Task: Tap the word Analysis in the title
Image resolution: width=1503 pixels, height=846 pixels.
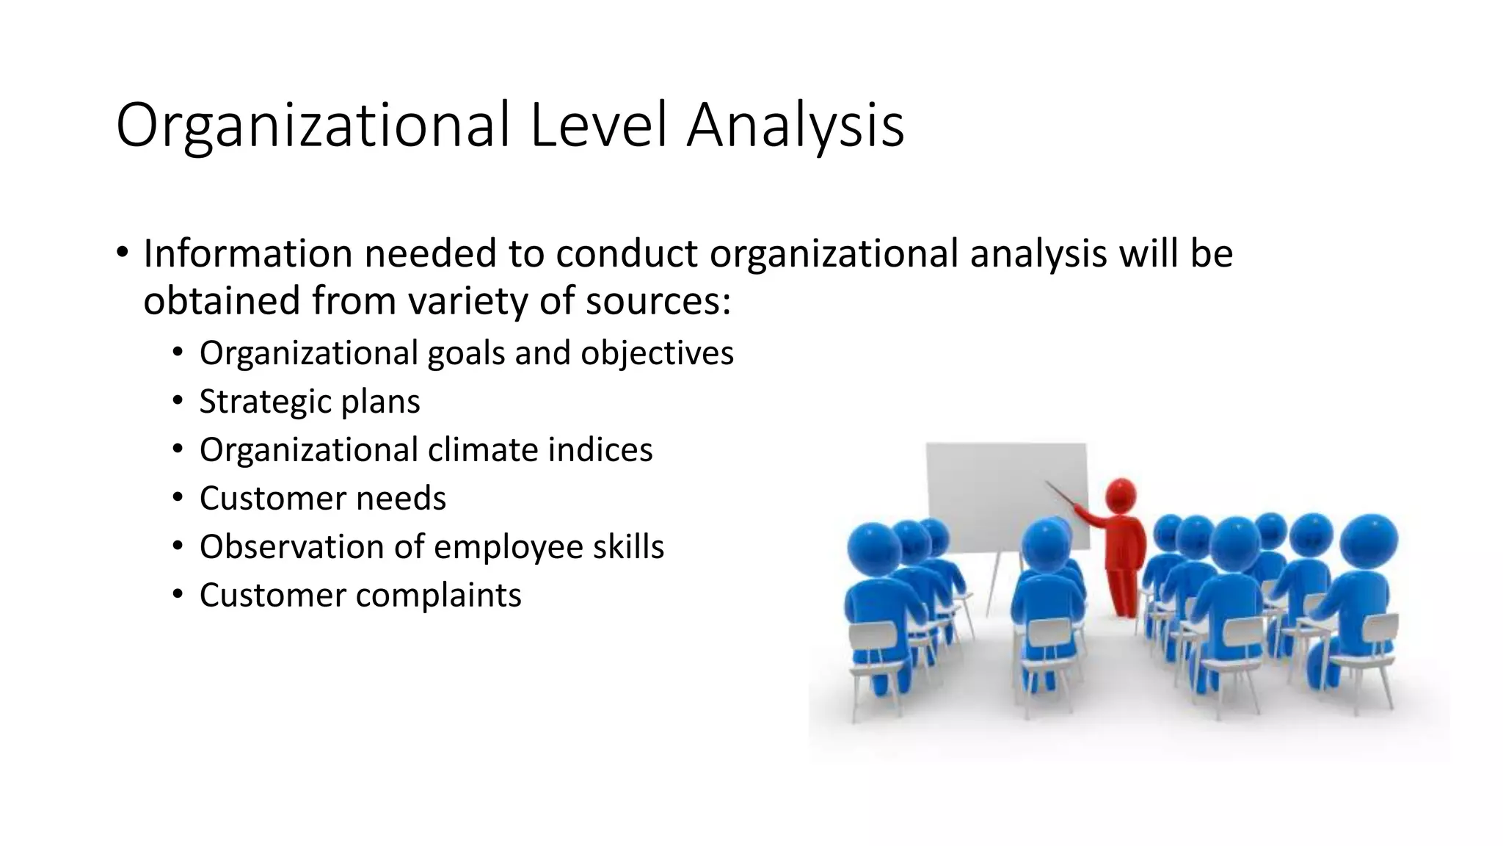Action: (x=795, y=126)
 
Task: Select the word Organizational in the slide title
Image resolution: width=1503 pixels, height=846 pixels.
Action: (x=313, y=126)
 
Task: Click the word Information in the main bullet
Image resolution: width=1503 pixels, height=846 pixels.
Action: (x=248, y=253)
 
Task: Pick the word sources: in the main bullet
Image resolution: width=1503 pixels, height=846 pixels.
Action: (x=658, y=301)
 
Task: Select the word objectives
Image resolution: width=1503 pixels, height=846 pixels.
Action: (x=657, y=353)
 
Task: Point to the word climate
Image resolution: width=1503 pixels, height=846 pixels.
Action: (x=472, y=449)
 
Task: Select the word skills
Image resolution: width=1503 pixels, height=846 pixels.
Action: (x=628, y=546)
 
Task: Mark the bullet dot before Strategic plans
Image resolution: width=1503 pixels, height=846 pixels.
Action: (x=178, y=401)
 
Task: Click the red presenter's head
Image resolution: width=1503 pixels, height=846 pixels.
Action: (x=1121, y=496)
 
